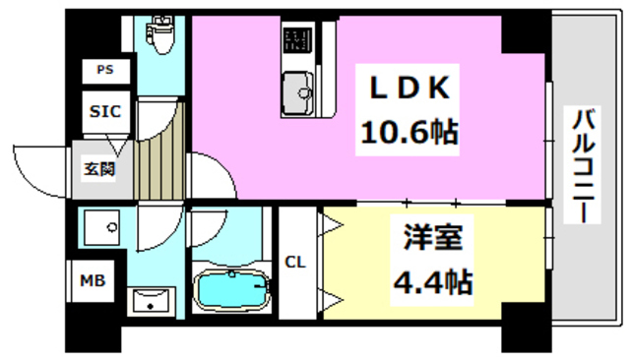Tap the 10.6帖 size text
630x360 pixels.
(411, 132)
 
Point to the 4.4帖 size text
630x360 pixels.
(431, 285)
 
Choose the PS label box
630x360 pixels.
(104, 70)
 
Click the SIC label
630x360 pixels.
(104, 111)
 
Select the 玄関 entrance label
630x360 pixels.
(97, 168)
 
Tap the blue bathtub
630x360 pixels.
(232, 290)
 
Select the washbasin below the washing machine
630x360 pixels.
(151, 300)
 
